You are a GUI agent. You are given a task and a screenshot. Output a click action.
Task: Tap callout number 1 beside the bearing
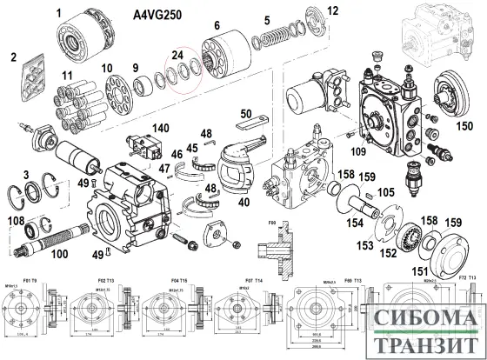[59, 12]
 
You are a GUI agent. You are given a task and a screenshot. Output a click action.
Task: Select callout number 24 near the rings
[178, 55]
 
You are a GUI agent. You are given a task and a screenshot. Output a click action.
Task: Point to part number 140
[161, 128]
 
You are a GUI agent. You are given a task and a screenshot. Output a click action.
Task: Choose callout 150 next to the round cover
[465, 125]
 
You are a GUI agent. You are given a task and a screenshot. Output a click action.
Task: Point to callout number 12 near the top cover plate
[332, 10]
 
